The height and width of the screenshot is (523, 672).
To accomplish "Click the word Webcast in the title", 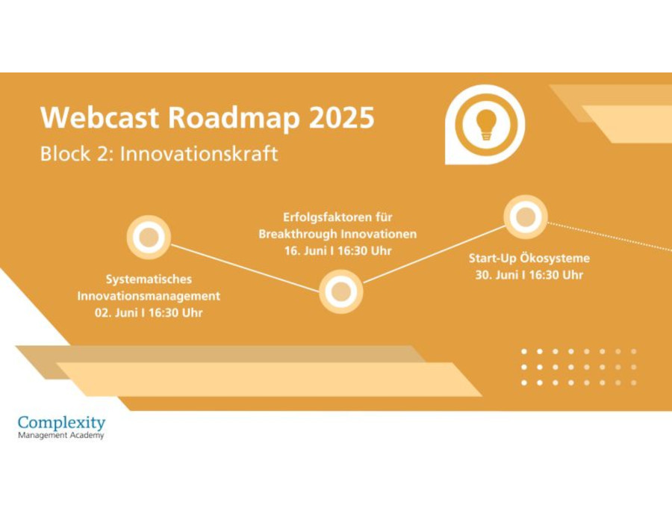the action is click(x=99, y=117).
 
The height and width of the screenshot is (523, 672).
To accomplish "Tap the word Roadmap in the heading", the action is click(x=234, y=118).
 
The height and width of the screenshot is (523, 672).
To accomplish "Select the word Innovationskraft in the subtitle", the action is click(x=199, y=154).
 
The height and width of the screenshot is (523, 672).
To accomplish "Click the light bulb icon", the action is click(x=485, y=124).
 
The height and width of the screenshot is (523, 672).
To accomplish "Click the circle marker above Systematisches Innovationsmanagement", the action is click(x=149, y=237).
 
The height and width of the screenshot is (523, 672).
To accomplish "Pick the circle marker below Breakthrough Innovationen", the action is click(x=341, y=291).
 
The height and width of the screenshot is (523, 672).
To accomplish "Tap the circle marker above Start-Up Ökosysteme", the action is click(x=526, y=217).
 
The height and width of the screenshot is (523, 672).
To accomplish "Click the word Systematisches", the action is click(x=149, y=279).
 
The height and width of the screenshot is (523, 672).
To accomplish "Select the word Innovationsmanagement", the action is click(x=149, y=296).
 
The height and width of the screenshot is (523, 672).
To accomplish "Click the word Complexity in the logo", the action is click(x=61, y=423).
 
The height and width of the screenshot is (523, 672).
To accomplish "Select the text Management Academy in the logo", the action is click(x=61, y=436).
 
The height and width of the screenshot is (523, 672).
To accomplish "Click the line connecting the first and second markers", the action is click(x=245, y=268).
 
